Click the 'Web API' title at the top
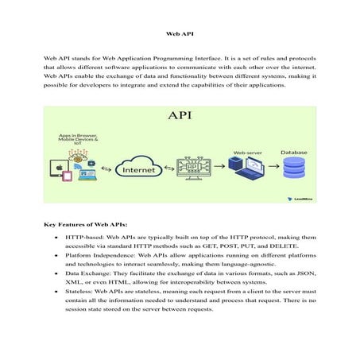[x=180, y=35]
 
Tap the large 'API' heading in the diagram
[x=180, y=116]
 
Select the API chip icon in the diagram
[x=196, y=168]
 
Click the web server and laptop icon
[x=244, y=168]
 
